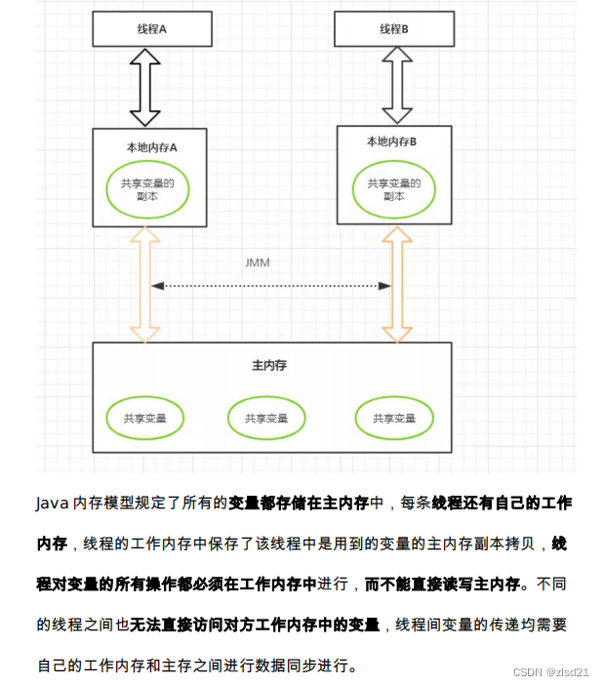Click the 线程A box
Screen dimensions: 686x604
click(x=151, y=28)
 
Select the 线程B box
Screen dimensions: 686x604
click(x=394, y=28)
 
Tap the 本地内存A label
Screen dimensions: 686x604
click(x=151, y=147)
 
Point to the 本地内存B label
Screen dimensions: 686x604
click(x=391, y=141)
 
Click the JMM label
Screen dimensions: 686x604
click(x=257, y=263)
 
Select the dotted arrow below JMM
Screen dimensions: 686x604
click(x=270, y=286)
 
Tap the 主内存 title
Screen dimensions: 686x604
click(x=269, y=365)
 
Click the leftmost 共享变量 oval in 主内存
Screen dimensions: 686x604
click(x=145, y=418)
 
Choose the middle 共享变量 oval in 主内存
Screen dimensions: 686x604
click(x=266, y=418)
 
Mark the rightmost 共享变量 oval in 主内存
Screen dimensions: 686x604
click(x=394, y=418)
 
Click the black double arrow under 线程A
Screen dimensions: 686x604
click(x=145, y=87)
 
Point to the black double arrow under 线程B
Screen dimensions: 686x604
click(x=396, y=85)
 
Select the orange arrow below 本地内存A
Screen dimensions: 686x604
click(x=145, y=283)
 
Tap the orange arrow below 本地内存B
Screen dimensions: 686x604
click(x=397, y=283)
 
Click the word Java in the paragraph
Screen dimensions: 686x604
click(x=53, y=504)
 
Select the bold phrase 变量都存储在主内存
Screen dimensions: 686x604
click(x=298, y=504)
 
